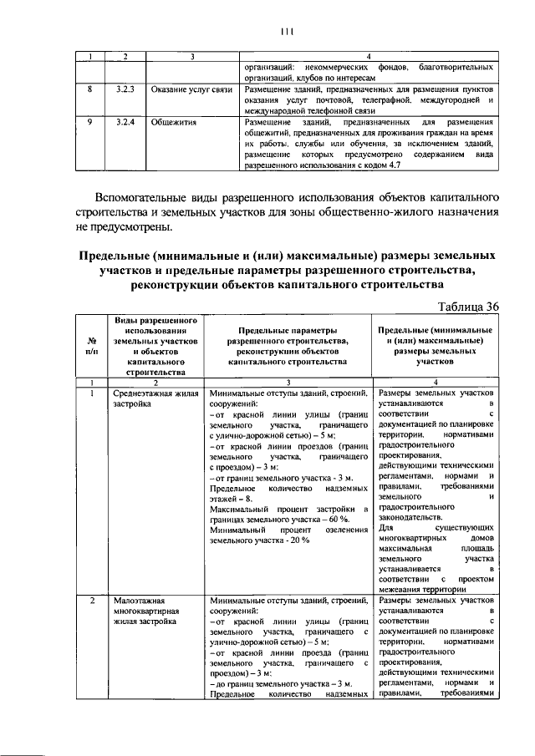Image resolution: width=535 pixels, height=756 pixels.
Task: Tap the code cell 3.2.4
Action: click(125, 122)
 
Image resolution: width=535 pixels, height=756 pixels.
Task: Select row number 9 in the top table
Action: click(89, 122)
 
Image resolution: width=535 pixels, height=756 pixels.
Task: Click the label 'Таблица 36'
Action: click(468, 307)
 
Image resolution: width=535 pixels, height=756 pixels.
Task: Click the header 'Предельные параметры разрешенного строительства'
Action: click(285, 347)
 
